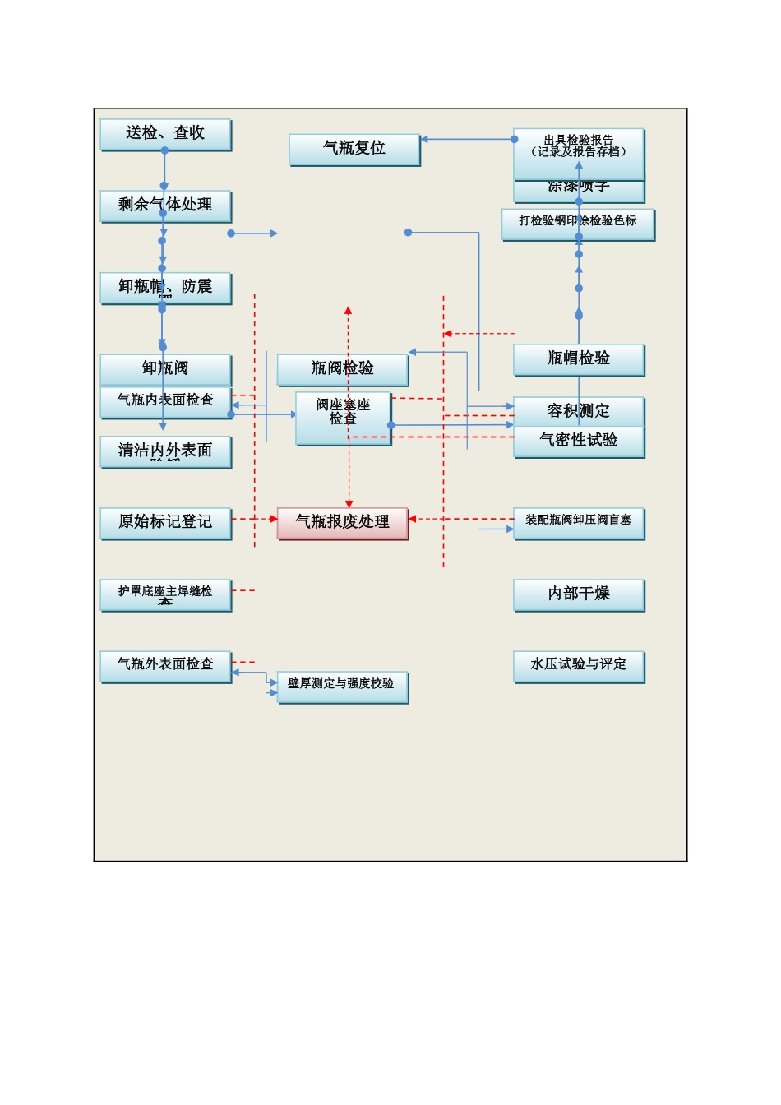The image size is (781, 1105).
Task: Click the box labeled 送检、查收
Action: point(165,134)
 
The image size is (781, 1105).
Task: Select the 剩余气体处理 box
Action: point(165,206)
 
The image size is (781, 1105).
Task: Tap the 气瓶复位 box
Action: point(354,149)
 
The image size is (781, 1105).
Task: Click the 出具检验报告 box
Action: point(578,152)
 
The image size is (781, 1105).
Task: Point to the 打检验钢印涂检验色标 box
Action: point(578,223)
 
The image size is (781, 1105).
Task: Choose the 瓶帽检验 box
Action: point(578,359)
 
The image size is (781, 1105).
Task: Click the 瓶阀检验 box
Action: point(342,369)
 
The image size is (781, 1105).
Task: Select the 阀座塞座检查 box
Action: point(343,418)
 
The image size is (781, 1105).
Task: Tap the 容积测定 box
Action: point(578,411)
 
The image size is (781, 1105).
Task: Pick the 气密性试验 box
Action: point(578,442)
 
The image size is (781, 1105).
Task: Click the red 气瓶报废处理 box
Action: point(342,522)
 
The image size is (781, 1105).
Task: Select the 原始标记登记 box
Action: point(165,522)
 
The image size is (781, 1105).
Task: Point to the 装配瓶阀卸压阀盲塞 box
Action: point(578,522)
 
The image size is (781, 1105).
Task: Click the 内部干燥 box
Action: point(578,594)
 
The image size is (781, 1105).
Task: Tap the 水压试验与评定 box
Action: point(578,666)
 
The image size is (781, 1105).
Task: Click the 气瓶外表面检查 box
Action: point(165,666)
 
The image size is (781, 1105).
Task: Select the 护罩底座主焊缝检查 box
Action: point(165,594)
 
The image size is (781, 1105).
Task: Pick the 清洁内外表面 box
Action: point(165,451)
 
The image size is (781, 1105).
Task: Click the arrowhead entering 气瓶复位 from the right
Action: point(425,140)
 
